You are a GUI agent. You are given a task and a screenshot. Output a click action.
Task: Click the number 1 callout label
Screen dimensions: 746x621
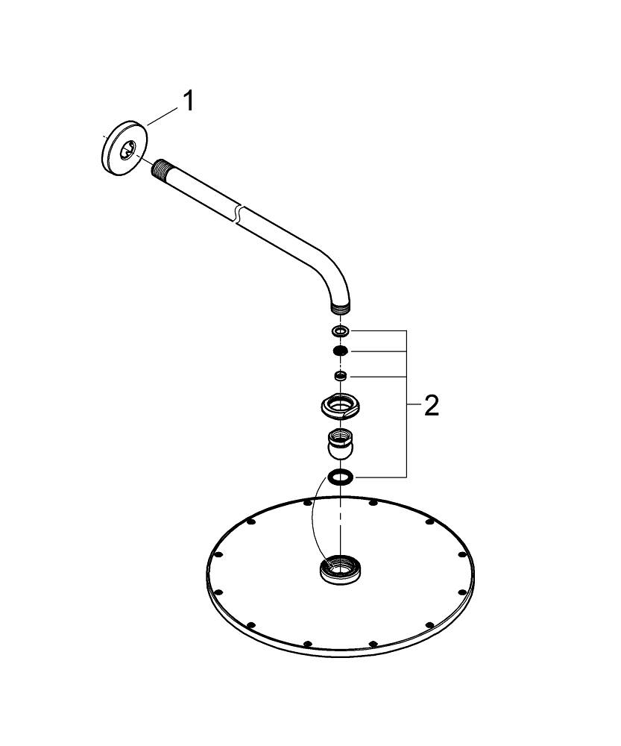[189, 100]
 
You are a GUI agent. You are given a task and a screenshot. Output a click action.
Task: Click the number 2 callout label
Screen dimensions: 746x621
[431, 407]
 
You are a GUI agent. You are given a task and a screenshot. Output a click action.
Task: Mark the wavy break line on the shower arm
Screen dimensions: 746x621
[236, 212]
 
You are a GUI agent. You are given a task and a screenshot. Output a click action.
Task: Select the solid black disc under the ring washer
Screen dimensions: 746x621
[340, 351]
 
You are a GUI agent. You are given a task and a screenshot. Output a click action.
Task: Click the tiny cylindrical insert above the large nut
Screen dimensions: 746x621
[340, 375]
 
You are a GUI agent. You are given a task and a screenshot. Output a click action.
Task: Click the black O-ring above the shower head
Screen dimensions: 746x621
[340, 477]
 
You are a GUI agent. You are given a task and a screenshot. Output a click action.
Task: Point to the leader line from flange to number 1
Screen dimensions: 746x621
[163, 113]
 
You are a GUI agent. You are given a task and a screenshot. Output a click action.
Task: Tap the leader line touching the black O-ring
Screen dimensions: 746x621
[380, 477]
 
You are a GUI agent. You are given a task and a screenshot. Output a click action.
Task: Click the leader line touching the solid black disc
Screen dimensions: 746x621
[376, 351]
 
